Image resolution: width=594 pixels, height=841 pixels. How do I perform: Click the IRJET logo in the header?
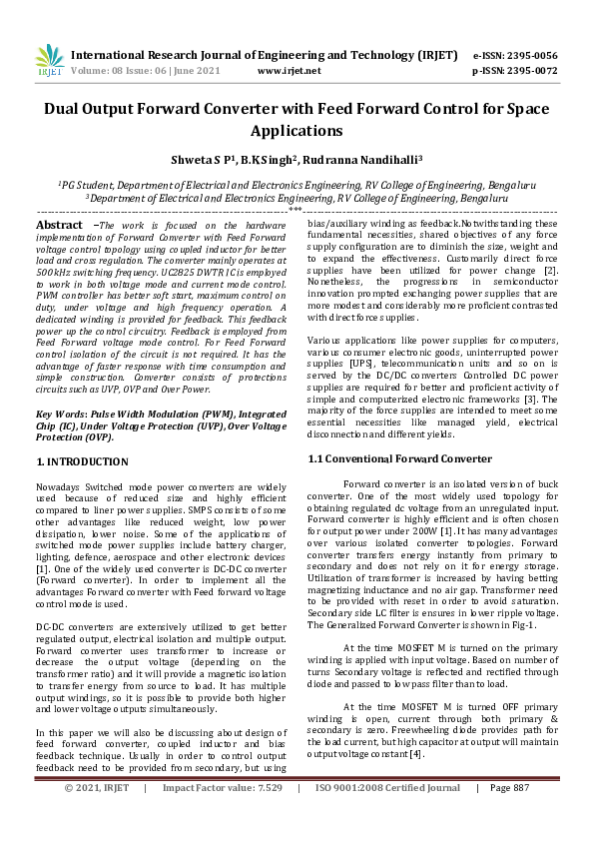point(49,62)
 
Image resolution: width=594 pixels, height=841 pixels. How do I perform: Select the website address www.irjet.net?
point(289,71)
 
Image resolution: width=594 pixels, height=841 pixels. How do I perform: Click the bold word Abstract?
point(59,227)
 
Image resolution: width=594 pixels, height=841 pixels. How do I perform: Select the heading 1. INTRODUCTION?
point(82,461)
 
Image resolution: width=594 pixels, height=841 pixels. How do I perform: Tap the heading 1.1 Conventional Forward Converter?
point(399,458)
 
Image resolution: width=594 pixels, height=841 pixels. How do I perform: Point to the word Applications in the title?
point(297,131)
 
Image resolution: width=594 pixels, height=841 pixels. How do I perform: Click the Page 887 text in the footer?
point(508,816)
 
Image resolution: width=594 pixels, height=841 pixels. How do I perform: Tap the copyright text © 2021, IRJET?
point(97,816)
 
